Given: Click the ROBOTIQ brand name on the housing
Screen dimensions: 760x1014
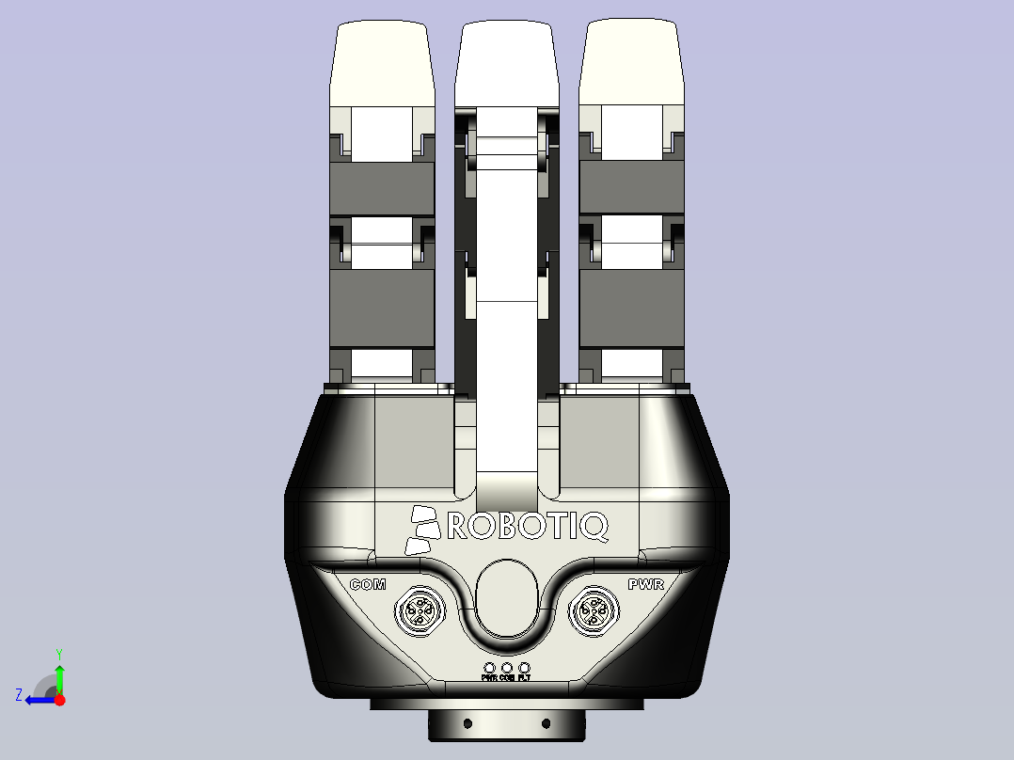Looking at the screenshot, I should (528, 527).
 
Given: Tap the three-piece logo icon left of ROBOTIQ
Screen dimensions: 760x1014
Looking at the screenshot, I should (421, 530).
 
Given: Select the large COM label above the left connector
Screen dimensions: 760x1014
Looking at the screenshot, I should (368, 585).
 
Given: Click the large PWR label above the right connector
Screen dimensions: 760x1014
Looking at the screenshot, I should (646, 585).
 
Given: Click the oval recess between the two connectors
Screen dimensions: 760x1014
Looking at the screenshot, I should (507, 599).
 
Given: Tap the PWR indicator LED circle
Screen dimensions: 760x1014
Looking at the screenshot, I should (489, 668).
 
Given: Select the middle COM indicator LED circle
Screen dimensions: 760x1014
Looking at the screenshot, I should (507, 668).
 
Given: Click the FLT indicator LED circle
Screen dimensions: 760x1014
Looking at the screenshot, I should (525, 668).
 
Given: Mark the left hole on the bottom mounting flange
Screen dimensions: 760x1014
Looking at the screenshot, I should (467, 723).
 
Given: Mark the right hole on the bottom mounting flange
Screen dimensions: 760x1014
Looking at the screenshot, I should (546, 723).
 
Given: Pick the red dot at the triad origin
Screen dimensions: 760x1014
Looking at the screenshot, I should (59, 700).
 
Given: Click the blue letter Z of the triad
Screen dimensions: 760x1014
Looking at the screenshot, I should (19, 695).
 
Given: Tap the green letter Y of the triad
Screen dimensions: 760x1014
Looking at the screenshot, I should (59, 653).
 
